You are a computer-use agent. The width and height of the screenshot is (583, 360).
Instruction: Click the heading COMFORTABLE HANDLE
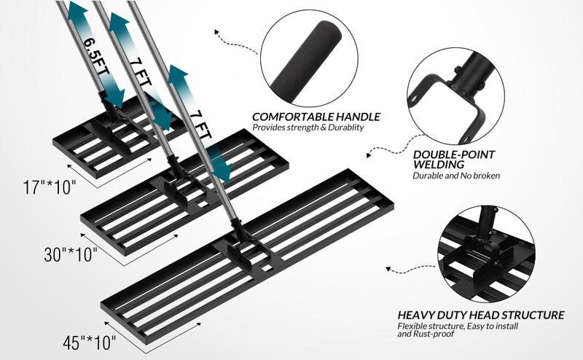tap(316, 117)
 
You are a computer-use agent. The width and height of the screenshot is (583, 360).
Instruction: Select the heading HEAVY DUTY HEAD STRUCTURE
tap(480, 315)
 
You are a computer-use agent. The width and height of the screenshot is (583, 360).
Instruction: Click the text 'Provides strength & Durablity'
tap(308, 128)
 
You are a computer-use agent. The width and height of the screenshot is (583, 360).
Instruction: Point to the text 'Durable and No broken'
tap(456, 176)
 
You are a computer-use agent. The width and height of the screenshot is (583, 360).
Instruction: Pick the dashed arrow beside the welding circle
tap(383, 150)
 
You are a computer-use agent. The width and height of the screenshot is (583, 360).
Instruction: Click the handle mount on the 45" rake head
tap(243, 251)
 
